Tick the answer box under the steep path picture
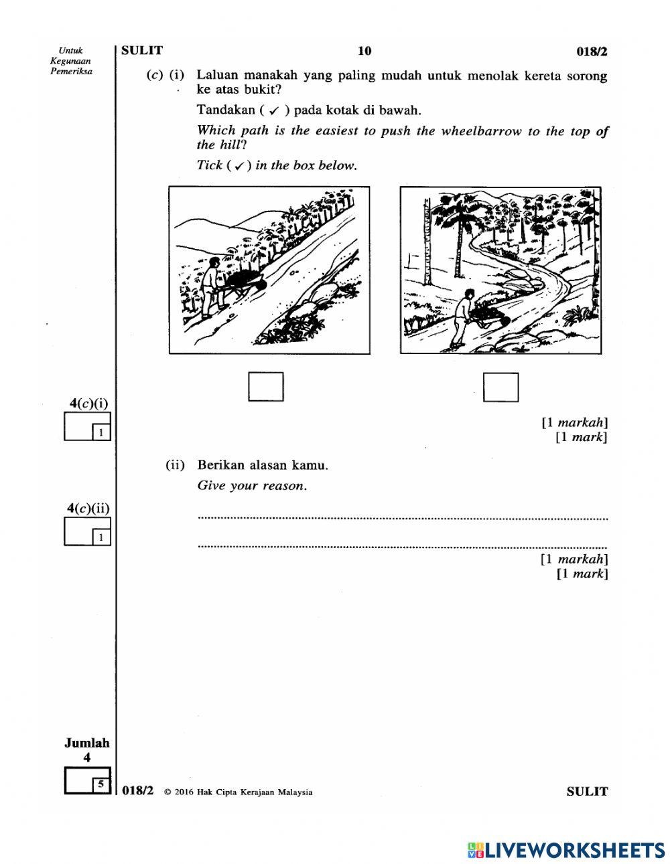point(265,387)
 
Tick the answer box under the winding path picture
point(500,387)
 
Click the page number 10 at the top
point(364,51)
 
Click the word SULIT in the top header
point(142,50)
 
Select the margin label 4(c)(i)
point(88,403)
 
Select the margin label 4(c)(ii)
point(88,508)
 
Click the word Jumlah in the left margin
point(86,743)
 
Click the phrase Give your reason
point(252,486)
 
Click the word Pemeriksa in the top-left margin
point(71,71)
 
